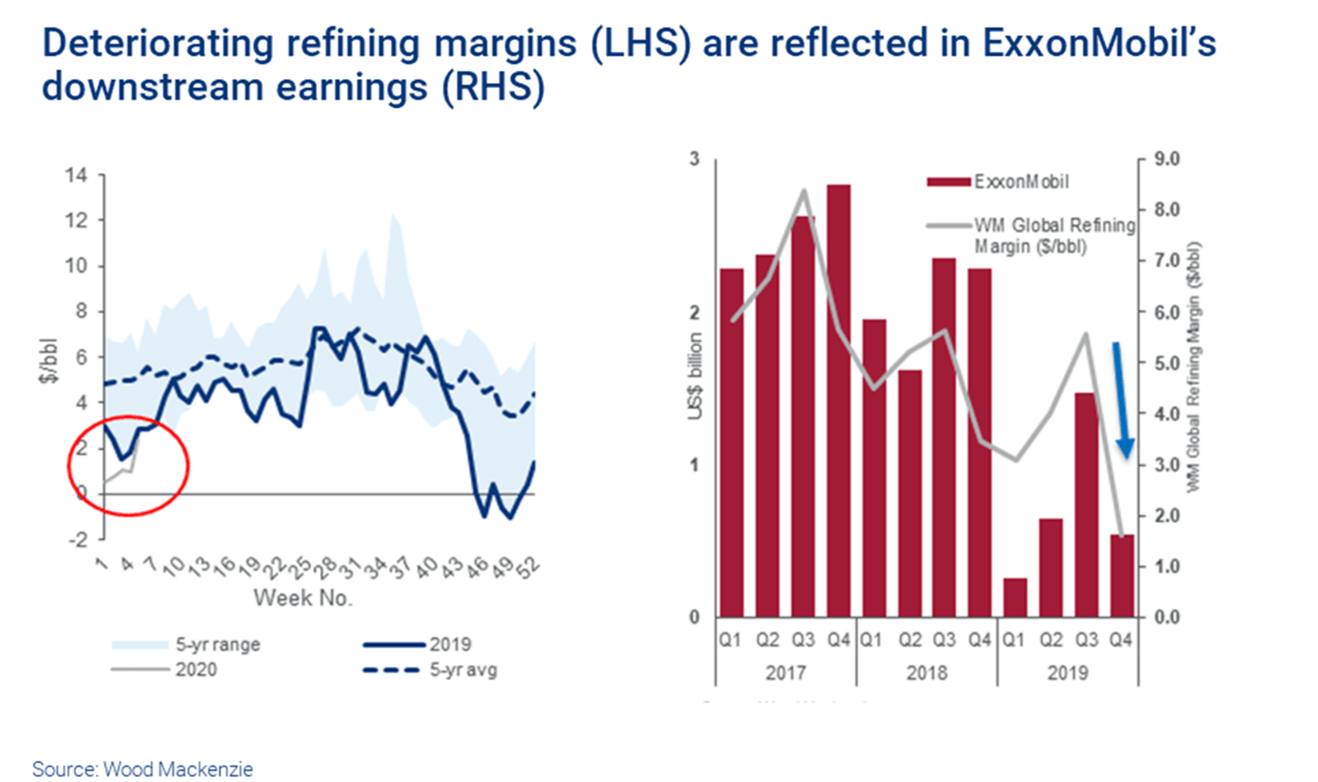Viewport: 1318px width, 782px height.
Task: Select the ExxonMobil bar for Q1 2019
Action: [1015, 597]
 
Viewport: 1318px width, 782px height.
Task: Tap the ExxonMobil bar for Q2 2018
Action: [908, 493]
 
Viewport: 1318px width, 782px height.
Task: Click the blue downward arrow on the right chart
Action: [1122, 400]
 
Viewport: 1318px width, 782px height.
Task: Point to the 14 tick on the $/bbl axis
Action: [76, 175]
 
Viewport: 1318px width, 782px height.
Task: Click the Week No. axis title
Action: [302, 598]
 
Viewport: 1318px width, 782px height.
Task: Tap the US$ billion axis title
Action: [695, 376]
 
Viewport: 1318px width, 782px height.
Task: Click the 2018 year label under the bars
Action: [926, 673]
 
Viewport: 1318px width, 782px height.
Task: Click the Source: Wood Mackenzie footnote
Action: [142, 769]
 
